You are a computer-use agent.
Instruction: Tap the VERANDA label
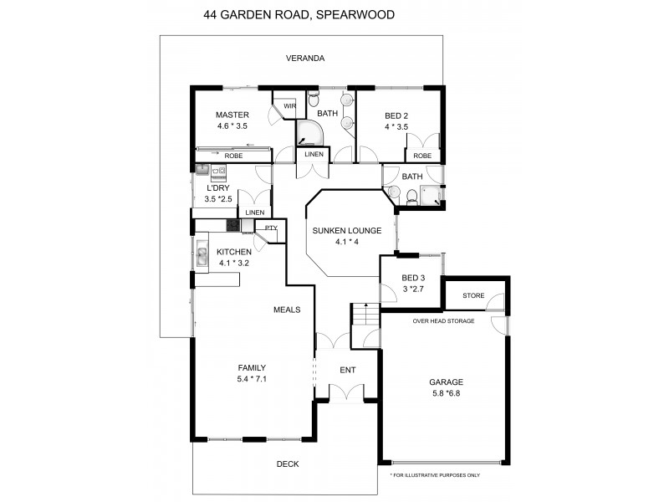304,59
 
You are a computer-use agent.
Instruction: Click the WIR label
290,106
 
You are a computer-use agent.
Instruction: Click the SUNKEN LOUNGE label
346,231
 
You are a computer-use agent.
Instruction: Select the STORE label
473,295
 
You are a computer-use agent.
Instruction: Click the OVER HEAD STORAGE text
443,321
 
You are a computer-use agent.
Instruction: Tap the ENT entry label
347,370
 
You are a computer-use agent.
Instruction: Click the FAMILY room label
252,367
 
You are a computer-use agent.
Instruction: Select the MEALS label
287,310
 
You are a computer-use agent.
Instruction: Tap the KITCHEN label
234,252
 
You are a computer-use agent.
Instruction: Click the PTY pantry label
270,228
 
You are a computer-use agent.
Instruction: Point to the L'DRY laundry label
218,188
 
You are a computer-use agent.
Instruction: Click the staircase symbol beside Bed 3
360,315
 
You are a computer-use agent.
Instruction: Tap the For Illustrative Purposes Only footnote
435,475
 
